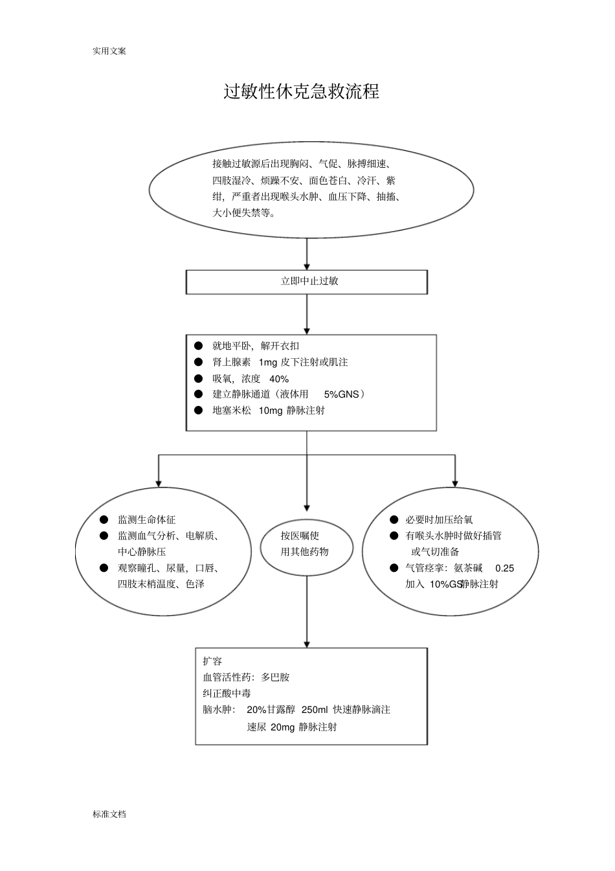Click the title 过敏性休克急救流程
pyautogui.click(x=301, y=91)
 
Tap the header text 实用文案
pyautogui.click(x=109, y=51)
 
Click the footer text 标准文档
pyautogui.click(x=109, y=814)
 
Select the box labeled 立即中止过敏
pyautogui.click(x=307, y=282)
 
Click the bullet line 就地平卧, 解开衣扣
pyautogui.click(x=256, y=346)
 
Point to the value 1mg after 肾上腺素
pyautogui.click(x=267, y=362)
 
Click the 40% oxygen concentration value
pyautogui.click(x=279, y=379)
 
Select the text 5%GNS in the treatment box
pyautogui.click(x=341, y=394)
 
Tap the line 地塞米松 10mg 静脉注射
pyautogui.click(x=269, y=410)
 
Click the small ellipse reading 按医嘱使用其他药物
pyautogui.click(x=307, y=544)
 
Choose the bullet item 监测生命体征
pyautogui.click(x=146, y=519)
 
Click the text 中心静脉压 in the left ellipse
pyautogui.click(x=142, y=552)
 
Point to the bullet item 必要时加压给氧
pyautogui.click(x=439, y=519)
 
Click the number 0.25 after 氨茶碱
pyautogui.click(x=504, y=568)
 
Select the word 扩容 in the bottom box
pyautogui.click(x=212, y=661)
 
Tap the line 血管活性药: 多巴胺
pyautogui.click(x=246, y=677)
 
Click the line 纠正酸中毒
pyautogui.click(x=227, y=694)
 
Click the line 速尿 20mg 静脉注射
pyautogui.click(x=292, y=727)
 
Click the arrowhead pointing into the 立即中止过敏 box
pyautogui.click(x=307, y=266)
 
